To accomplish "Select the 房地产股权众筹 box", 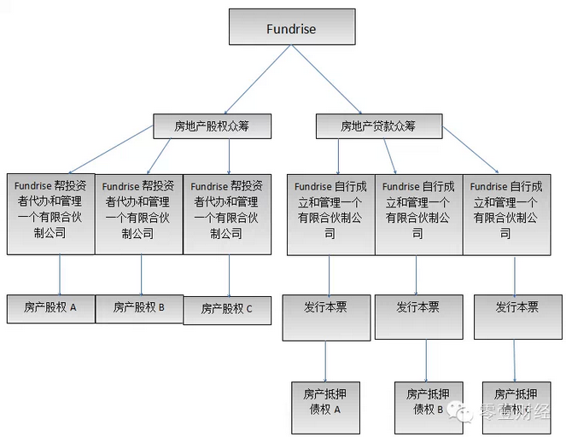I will coord(211,127).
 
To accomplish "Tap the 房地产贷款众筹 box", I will coord(378,127).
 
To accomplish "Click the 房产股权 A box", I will coord(50,307).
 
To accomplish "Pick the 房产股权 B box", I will coord(139,307).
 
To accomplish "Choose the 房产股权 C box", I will coord(227,309).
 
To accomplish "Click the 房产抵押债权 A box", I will coord(323,402).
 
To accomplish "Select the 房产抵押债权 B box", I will coord(424,402).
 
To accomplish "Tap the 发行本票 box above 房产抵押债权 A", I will coord(325,308).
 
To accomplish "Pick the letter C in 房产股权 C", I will coord(249,310).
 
